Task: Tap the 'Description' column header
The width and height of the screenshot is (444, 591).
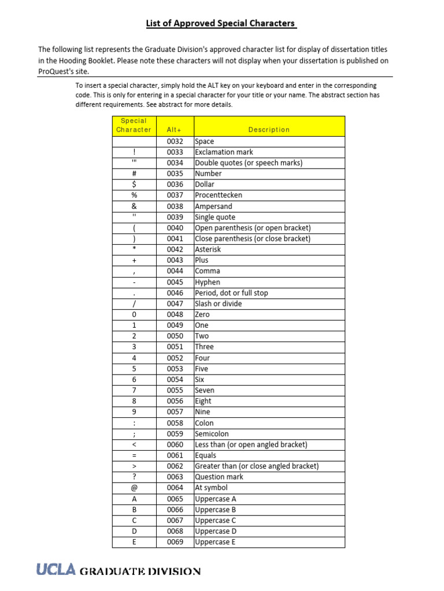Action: coord(269,130)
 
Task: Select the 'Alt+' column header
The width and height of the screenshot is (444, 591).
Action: coord(174,130)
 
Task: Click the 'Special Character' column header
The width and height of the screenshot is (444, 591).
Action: coord(134,125)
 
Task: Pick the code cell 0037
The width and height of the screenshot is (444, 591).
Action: coord(175,196)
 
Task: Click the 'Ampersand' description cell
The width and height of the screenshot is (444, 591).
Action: coord(214,206)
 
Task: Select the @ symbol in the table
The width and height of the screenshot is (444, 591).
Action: coord(134,488)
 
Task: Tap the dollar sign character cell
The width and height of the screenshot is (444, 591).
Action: coord(134,185)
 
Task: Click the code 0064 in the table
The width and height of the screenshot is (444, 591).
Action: coord(175,488)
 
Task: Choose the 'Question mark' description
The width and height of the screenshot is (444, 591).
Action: coord(219,477)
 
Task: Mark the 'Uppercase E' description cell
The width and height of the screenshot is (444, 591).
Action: coord(216,542)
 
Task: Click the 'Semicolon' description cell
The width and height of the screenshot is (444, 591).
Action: coord(212,433)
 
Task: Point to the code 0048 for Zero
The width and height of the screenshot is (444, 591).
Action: coord(175,315)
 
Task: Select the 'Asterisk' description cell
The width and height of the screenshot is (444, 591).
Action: coord(208,249)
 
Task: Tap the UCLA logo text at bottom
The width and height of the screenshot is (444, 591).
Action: coord(56,571)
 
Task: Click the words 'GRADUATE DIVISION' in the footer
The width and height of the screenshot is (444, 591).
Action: coord(140,571)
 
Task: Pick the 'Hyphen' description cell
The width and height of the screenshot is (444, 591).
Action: coord(208,282)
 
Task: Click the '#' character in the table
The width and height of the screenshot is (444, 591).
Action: coord(134,174)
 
